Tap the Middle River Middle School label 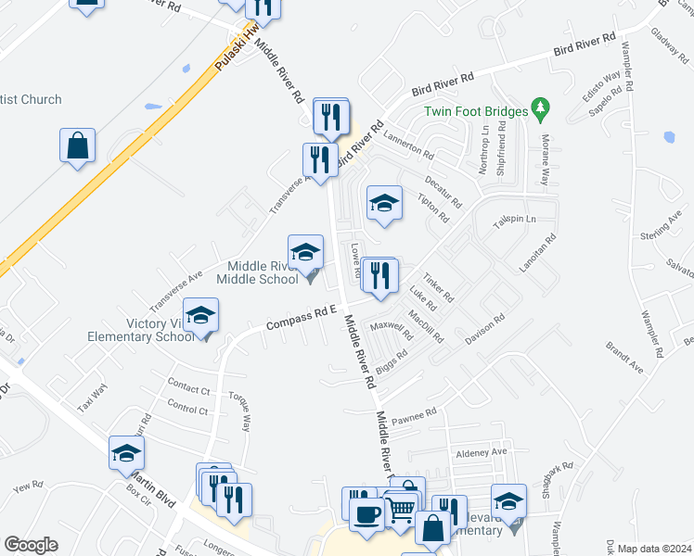point(256,272)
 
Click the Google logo point(31,545)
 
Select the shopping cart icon point(400,509)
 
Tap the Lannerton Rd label point(409,145)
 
